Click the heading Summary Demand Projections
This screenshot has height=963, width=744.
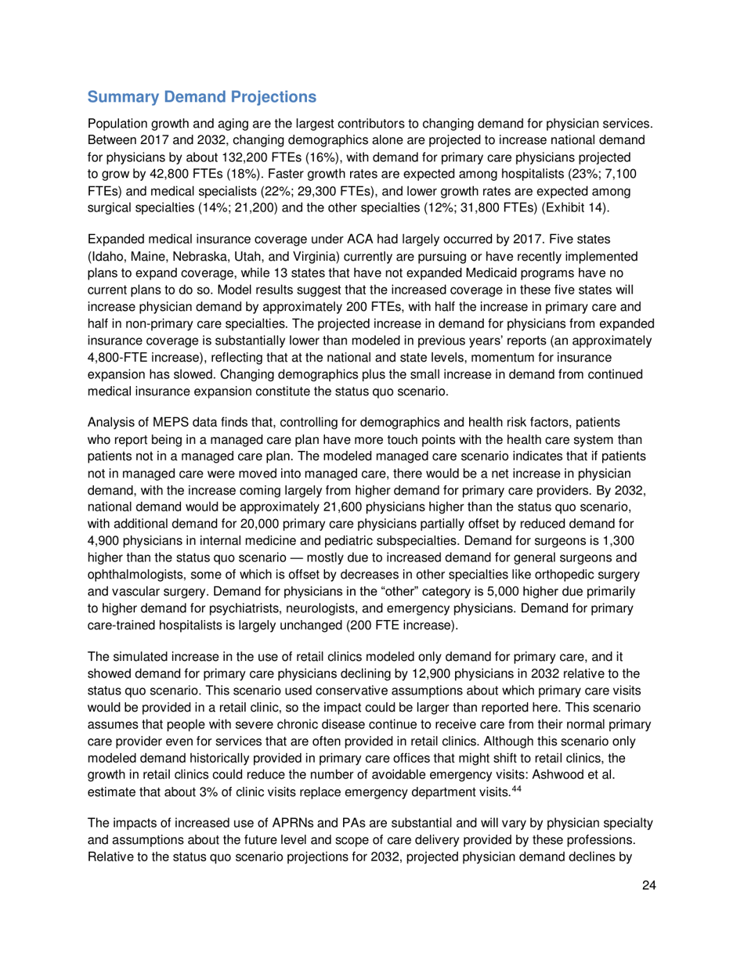202,98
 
